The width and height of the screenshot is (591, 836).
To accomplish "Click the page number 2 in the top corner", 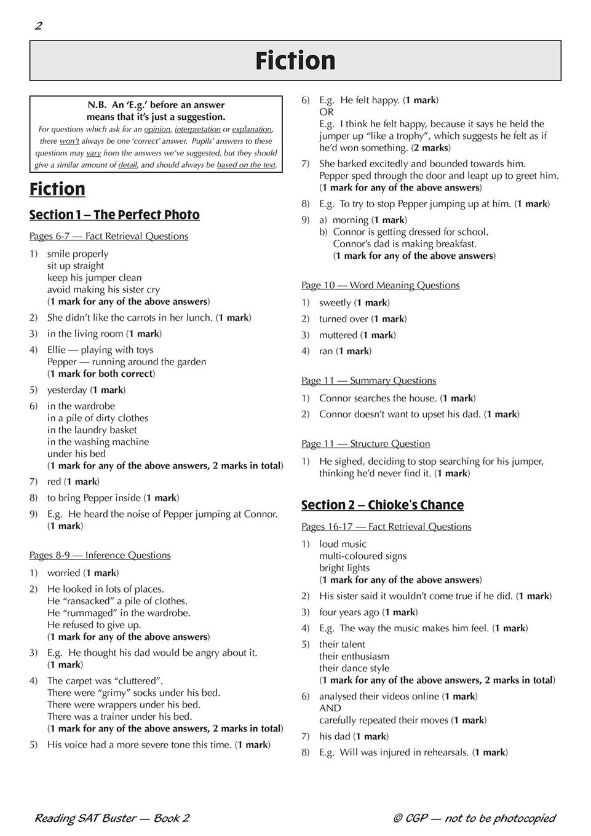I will [x=38, y=26].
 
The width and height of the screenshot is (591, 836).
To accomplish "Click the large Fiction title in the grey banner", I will [x=295, y=61].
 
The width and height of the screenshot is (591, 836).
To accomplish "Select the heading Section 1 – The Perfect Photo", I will [x=114, y=215].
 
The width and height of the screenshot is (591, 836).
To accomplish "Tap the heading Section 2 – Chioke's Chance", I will [x=382, y=505].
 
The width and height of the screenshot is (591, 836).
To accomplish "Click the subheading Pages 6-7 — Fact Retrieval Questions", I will [x=109, y=236].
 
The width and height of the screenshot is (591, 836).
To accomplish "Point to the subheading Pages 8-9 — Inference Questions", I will [x=100, y=555].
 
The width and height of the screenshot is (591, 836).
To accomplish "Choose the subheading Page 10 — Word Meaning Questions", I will [x=380, y=285].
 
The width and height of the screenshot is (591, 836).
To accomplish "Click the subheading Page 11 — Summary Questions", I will [x=368, y=381].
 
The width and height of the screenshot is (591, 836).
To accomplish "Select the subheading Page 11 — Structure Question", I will [x=365, y=444].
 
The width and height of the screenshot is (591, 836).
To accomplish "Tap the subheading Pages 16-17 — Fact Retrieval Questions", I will [x=386, y=527].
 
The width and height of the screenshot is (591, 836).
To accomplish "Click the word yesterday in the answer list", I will [x=67, y=390].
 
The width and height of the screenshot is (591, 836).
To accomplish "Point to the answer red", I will [x=55, y=481].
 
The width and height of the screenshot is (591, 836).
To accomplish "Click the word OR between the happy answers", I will [x=326, y=112].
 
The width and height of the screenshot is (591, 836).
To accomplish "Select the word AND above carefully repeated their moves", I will [x=330, y=708].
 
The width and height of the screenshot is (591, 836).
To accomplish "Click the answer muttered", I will [x=338, y=335].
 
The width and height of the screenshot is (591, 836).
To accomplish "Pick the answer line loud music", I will [x=343, y=544].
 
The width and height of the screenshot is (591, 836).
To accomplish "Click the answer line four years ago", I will [x=349, y=612].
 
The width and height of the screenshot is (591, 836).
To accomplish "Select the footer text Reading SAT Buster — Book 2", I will [x=111, y=818].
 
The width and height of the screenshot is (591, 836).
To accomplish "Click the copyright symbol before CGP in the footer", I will [x=397, y=818].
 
